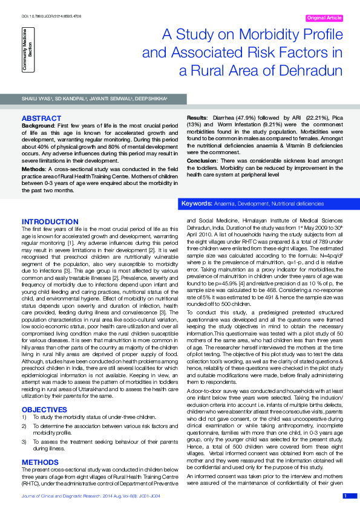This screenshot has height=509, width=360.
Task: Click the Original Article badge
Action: coord(326,18)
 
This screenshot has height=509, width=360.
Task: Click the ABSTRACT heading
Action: coord(40,117)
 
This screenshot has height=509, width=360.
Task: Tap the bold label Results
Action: coord(197,117)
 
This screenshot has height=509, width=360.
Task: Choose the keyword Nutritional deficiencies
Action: coord(297,204)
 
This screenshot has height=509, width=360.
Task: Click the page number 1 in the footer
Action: coord(345,496)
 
